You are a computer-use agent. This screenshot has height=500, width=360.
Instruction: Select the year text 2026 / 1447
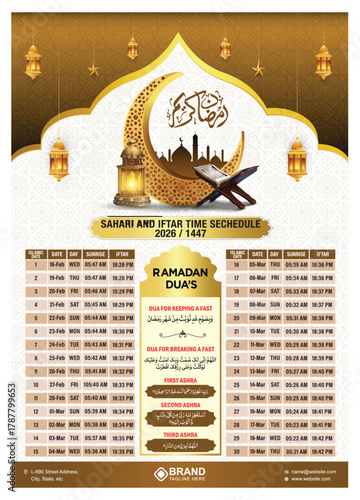[x=180, y=235]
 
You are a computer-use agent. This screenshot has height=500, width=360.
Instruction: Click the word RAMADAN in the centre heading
[x=179, y=272]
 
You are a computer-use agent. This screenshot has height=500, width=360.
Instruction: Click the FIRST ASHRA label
[x=180, y=381]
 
